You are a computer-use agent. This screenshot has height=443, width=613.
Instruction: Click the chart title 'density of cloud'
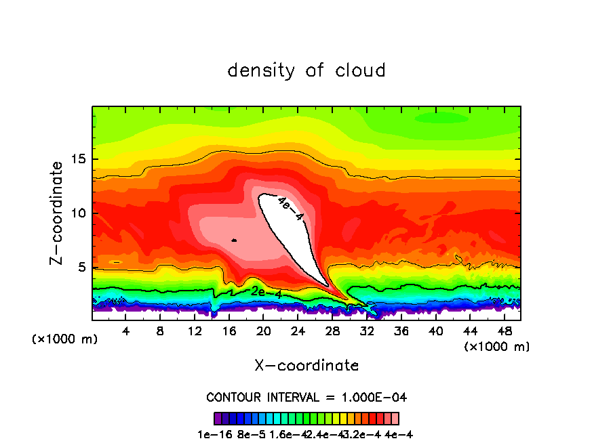tap(306, 70)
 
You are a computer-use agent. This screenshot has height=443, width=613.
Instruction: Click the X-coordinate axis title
tap(306, 365)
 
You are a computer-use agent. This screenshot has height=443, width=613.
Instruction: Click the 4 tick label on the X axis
tap(125, 331)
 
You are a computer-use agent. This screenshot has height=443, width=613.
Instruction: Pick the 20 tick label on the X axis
tap(263, 331)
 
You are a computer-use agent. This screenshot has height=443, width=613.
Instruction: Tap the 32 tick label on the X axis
tap(366, 331)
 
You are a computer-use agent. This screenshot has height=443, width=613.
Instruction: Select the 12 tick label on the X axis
tap(195, 331)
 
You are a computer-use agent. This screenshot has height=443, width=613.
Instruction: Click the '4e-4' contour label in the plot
tap(290, 208)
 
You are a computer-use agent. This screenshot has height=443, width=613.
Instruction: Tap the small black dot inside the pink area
tap(234, 240)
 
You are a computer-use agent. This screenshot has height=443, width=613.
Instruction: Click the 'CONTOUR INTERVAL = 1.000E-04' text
tap(306, 397)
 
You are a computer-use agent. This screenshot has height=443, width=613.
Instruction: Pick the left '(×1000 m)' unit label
tap(65, 339)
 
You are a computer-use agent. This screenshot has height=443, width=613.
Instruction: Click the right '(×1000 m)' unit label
tap(497, 346)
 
